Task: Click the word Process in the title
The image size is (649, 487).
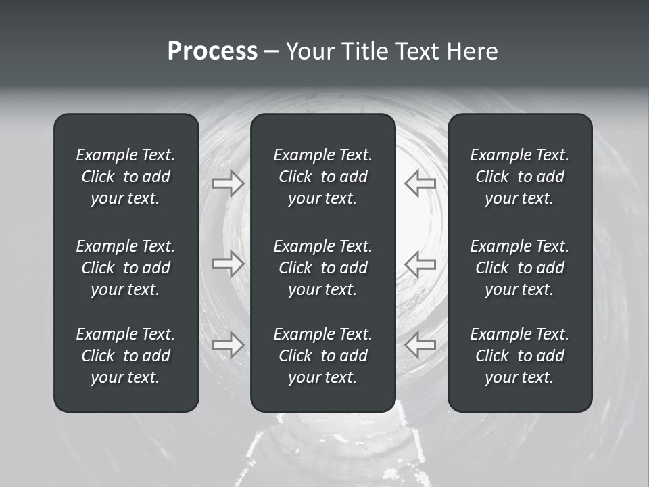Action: [x=212, y=51]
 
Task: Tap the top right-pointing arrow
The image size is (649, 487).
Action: [x=229, y=183]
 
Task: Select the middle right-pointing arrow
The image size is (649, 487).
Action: [x=229, y=264]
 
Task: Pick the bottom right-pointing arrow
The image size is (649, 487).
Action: [x=229, y=345]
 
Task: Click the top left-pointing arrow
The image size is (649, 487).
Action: [x=420, y=183]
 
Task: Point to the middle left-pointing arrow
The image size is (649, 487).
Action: [x=420, y=264]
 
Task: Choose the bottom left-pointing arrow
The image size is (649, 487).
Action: [x=420, y=345]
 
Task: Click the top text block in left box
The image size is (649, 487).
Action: [x=126, y=177]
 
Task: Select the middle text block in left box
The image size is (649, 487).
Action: [x=126, y=268]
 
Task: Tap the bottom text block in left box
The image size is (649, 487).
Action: [x=126, y=356]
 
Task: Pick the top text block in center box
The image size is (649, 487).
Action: [x=323, y=177]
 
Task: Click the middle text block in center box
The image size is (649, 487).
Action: [x=323, y=268]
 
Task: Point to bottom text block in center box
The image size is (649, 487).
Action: [x=323, y=356]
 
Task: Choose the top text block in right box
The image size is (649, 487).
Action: [x=520, y=177]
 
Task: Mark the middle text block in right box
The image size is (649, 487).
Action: [x=520, y=268]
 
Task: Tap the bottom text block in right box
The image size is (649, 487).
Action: [x=520, y=356]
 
